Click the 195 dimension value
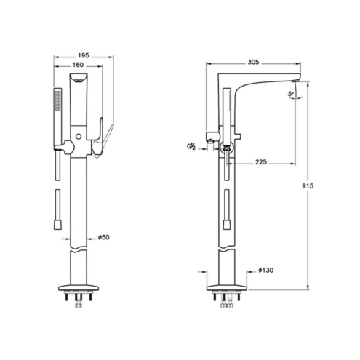point(84,55)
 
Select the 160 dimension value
point(78,65)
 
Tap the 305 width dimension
point(253,62)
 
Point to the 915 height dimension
point(308,186)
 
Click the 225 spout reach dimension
point(261,161)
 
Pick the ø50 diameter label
point(104,237)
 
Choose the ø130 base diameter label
point(266,270)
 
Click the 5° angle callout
point(291,94)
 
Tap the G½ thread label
point(191,146)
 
